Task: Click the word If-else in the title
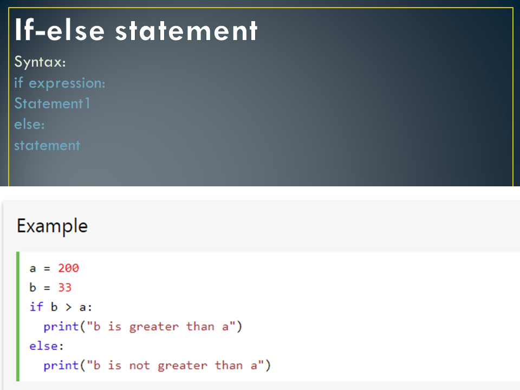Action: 59,30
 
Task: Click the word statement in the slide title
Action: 186,30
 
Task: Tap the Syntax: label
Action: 41,62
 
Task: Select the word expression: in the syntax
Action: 67,83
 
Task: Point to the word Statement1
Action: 52,103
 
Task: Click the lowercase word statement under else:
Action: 47,145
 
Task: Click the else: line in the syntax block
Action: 29,124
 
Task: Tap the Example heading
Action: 52,225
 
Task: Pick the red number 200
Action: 68,268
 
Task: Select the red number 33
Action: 65,288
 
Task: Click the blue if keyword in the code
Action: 36,307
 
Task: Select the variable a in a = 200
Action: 33,268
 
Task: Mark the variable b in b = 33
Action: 33,288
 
